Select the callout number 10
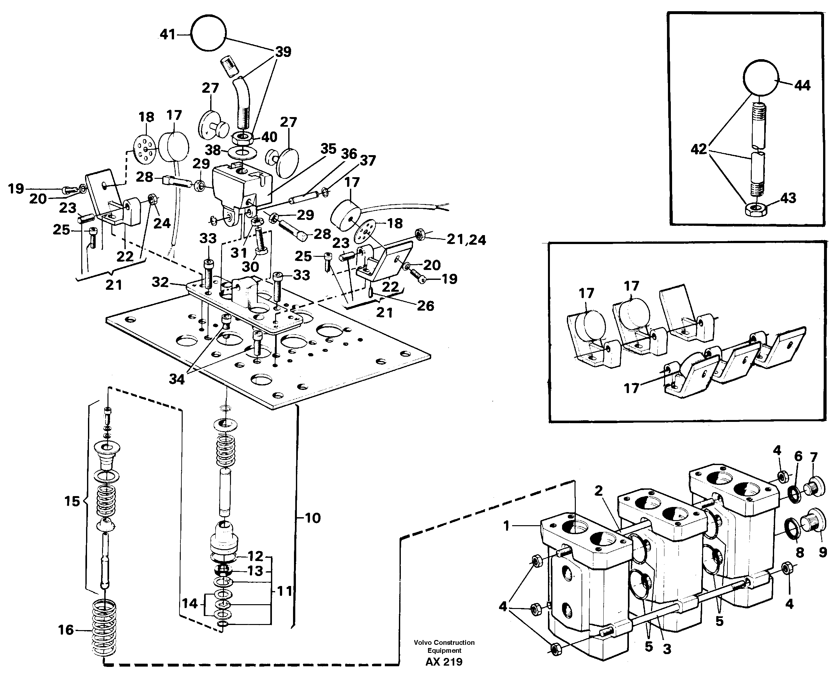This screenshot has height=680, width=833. [x=312, y=518]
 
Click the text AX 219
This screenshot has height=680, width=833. [x=444, y=661]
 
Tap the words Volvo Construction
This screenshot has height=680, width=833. [x=444, y=642]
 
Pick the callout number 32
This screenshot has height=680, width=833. [x=160, y=282]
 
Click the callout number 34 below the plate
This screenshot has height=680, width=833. [x=177, y=379]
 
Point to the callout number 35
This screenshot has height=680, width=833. [x=328, y=149]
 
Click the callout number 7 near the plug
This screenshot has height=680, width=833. [x=813, y=457]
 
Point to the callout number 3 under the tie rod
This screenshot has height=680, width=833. [x=667, y=649]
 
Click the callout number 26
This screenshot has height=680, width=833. [x=425, y=305]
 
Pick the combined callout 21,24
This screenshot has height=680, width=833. [x=466, y=239]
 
